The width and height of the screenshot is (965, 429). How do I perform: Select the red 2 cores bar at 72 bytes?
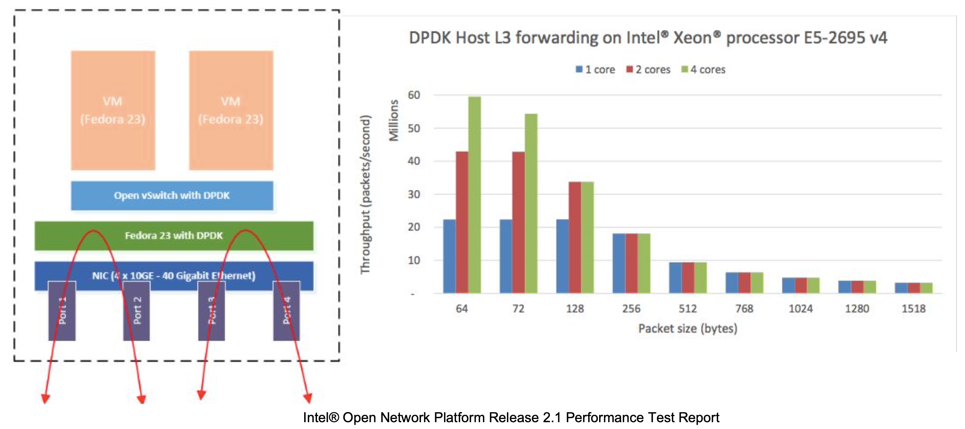coord(518,222)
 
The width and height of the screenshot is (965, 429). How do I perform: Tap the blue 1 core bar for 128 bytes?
coord(562,256)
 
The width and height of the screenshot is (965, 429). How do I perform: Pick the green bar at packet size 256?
coord(644,263)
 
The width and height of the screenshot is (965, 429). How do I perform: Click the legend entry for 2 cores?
coord(648,70)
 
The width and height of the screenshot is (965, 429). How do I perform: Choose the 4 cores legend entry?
coord(704,70)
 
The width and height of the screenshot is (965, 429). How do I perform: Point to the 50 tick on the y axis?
coord(414,128)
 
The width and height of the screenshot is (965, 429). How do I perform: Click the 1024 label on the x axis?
coord(800,309)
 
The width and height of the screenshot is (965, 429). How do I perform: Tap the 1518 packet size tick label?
coord(913,309)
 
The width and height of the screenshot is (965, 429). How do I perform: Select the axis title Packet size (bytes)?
coord(688,329)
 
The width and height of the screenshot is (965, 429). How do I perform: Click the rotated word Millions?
coord(394,120)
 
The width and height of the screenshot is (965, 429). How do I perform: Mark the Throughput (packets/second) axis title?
coord(365,194)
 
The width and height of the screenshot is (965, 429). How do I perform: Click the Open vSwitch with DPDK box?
coord(172,196)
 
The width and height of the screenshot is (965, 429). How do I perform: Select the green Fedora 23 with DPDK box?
coord(174,236)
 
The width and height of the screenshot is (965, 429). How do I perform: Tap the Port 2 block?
coord(137,311)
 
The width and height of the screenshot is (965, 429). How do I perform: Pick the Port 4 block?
coord(286,311)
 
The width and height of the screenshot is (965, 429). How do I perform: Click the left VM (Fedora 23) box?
coord(113,110)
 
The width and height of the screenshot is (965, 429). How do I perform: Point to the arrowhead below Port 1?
coord(45,399)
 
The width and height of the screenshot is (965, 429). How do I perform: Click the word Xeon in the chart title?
coord(692,38)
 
